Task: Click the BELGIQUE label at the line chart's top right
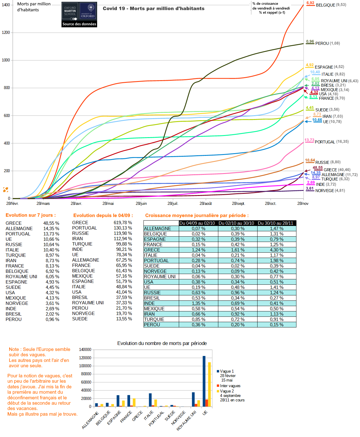pyautogui.click(x=326, y=5)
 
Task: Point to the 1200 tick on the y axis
pyautogui.click(x=6, y=33)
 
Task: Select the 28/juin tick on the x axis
pyautogui.click(x=141, y=204)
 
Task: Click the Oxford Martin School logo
pyautogui.click(x=79, y=15)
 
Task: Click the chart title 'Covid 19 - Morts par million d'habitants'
pyautogui.click(x=154, y=9)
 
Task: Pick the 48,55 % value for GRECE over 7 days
pyautogui.click(x=51, y=223)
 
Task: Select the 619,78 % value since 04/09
pyautogui.click(x=123, y=223)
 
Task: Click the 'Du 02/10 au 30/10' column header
pyautogui.click(x=236, y=223)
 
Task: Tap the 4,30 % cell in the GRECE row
pyautogui.click(x=277, y=250)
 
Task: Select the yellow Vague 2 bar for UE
pyautogui.click(x=209, y=384)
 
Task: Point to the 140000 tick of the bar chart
pyautogui.click(x=85, y=350)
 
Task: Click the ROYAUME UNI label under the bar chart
pyautogui.click(x=187, y=421)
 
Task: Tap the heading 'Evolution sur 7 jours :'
pyautogui.click(x=31, y=215)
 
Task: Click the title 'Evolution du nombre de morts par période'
pyautogui.click(x=162, y=343)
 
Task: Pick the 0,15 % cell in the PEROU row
pyautogui.click(x=277, y=325)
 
